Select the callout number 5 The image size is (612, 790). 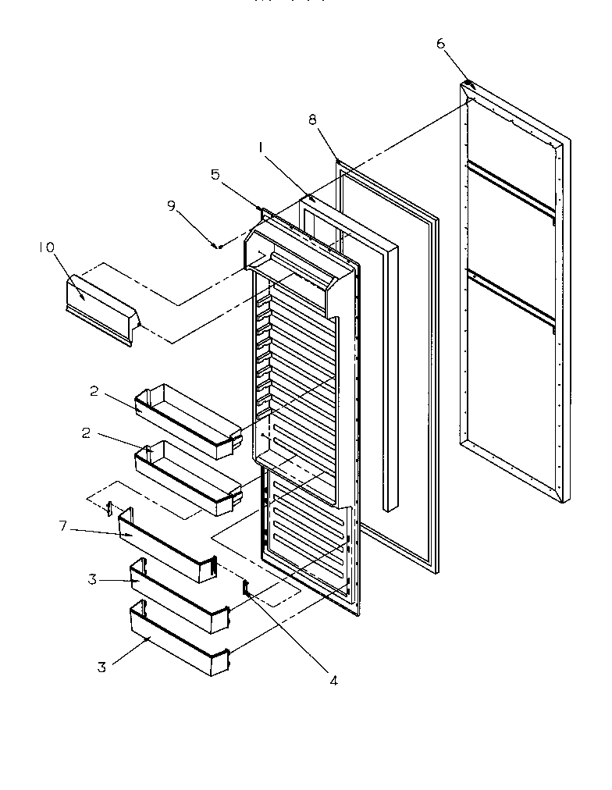[215, 176]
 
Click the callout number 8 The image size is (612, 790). [312, 119]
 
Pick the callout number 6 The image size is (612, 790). [440, 44]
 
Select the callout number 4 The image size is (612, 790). [333, 680]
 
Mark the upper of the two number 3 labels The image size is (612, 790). [91, 579]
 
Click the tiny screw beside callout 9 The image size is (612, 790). [219, 245]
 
